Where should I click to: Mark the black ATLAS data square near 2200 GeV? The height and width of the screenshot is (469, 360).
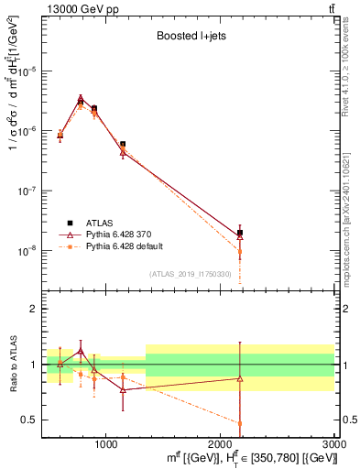[240, 233]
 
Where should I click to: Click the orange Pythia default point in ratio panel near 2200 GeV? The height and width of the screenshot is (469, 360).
[240, 423]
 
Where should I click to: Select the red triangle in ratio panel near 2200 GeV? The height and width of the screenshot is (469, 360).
[240, 378]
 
